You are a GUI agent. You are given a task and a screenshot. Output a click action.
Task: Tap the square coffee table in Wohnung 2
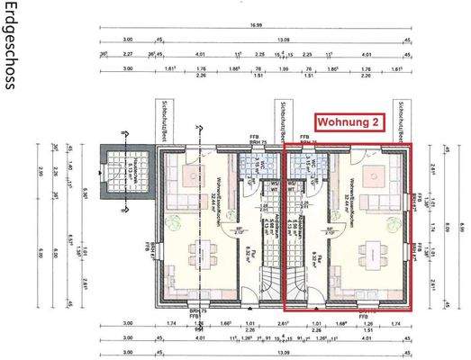tap(371, 174)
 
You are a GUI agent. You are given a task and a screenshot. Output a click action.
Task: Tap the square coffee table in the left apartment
tap(193, 174)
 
